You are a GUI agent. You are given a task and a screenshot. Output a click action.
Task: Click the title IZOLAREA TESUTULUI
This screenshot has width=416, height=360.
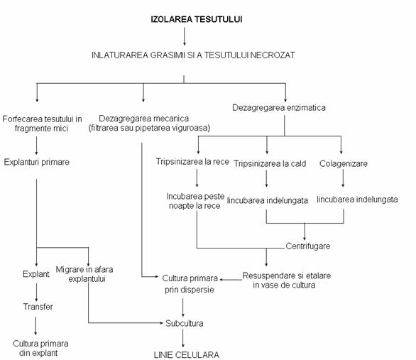(197, 19)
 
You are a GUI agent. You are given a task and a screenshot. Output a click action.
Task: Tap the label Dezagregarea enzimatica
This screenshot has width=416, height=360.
(279, 108)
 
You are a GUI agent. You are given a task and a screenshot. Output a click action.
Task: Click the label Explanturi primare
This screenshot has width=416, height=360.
(37, 162)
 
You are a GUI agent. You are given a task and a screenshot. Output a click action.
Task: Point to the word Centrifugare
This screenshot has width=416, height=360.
(308, 246)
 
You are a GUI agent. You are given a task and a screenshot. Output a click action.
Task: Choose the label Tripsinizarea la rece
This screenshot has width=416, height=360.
(192, 162)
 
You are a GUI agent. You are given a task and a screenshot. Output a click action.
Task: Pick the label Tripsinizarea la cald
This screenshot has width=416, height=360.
(270, 164)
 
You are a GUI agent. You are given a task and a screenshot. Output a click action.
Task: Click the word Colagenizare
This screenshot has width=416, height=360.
(344, 164)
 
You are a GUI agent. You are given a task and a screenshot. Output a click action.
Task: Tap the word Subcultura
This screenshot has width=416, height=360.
(185, 323)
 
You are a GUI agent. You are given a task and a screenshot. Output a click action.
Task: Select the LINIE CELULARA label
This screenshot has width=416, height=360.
(187, 355)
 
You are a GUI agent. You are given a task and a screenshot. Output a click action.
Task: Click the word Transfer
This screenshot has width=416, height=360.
(38, 307)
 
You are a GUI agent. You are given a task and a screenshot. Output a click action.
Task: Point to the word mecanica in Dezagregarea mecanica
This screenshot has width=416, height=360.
(173, 119)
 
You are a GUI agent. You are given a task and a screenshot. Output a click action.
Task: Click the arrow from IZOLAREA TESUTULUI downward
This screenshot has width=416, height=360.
(185, 36)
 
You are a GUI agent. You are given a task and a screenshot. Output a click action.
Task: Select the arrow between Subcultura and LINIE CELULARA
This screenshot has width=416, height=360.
(183, 338)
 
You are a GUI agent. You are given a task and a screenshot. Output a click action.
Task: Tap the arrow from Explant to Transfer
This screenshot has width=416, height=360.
(36, 293)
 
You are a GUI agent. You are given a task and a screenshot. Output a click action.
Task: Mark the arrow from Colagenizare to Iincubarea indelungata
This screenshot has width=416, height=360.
(343, 178)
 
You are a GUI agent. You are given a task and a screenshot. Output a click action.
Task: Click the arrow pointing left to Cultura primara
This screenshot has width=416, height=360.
(231, 280)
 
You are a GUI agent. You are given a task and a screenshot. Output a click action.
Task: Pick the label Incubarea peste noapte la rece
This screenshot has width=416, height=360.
(195, 201)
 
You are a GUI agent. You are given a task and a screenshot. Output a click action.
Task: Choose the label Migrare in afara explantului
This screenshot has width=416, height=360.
(84, 274)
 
